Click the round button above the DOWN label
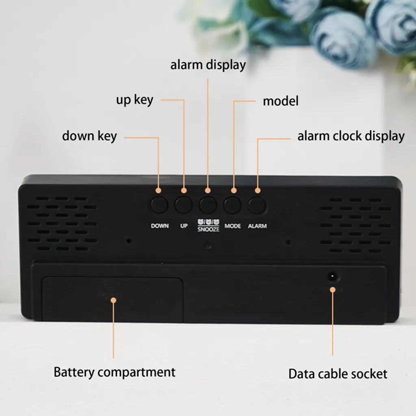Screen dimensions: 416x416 [159, 205]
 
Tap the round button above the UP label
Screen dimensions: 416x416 [184, 205]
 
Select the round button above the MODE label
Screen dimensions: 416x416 [232, 205]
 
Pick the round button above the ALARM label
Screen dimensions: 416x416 [257, 205]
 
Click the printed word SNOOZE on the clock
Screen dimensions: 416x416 [208, 229]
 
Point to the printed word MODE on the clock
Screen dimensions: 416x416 [233, 226]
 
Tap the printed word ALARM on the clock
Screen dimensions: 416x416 [257, 226]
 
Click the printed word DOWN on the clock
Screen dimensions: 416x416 [160, 226]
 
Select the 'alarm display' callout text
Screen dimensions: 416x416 [208, 65]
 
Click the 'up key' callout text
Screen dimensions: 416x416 [135, 100]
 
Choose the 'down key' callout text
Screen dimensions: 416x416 [89, 136]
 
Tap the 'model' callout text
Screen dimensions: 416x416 [281, 101]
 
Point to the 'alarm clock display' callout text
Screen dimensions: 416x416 [351, 136]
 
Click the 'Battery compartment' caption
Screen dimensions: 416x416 [115, 372]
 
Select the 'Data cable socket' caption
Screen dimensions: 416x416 [338, 374]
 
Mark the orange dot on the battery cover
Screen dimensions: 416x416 [114, 300]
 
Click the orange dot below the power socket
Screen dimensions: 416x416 [333, 290]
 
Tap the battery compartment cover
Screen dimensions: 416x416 [113, 300]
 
